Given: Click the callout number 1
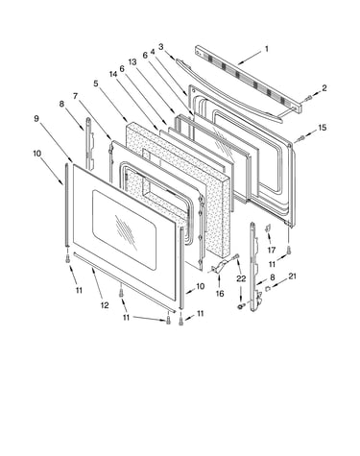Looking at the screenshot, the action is pyautogui.click(x=267, y=49).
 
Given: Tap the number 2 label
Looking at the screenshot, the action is pyautogui.click(x=324, y=88).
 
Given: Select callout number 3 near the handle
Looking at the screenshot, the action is pyautogui.click(x=160, y=47).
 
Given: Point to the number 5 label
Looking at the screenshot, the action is pyautogui.click(x=96, y=84).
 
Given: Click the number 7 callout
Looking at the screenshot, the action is pyautogui.click(x=75, y=96).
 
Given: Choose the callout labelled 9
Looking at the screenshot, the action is pyautogui.click(x=36, y=118).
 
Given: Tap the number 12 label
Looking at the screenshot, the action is pyautogui.click(x=105, y=305).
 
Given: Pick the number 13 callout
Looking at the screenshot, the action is pyautogui.click(x=132, y=61).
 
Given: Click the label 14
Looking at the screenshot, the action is pyautogui.click(x=113, y=74).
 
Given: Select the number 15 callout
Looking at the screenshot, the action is pyautogui.click(x=322, y=128).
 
